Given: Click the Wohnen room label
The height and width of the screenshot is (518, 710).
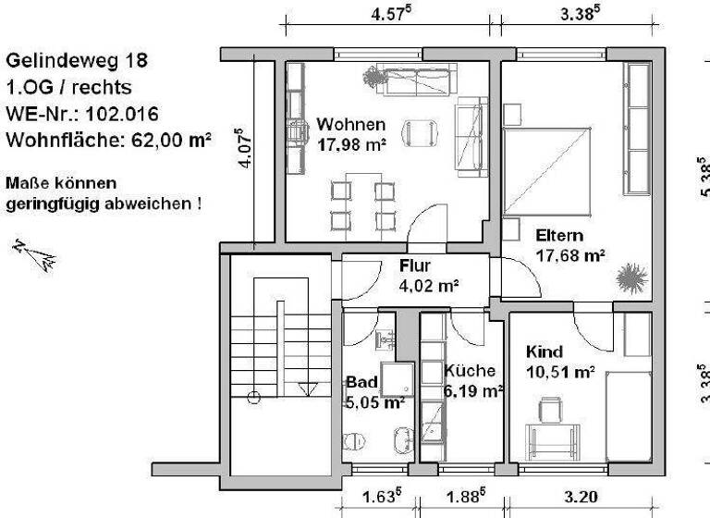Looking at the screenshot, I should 350,124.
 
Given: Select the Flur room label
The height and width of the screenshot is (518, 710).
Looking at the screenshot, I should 415,266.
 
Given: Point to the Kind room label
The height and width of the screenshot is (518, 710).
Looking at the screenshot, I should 545,352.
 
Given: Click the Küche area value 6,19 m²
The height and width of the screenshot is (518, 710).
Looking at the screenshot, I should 473,391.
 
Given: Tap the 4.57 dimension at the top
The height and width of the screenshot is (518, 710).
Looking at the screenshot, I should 392,15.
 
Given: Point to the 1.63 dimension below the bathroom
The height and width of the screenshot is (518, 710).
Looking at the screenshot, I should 381,497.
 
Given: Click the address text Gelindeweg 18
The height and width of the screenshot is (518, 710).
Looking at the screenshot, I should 77,61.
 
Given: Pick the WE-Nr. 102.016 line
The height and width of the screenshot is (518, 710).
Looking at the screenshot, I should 82,115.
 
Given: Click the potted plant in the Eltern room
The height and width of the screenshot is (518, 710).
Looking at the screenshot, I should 631,276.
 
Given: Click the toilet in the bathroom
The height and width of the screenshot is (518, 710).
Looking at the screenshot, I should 403,441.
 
